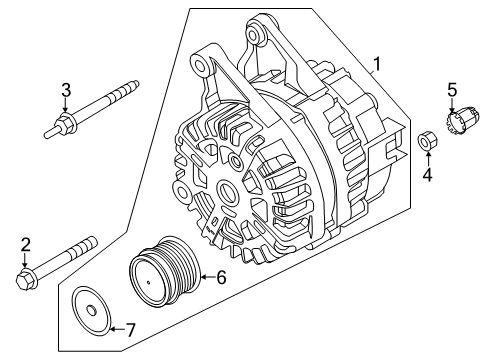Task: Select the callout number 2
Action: coord(24,244)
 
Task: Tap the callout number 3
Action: coord(66,90)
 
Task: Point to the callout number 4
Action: coord(426,178)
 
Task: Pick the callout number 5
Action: coord(452,90)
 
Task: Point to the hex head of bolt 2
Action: coord(25,277)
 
